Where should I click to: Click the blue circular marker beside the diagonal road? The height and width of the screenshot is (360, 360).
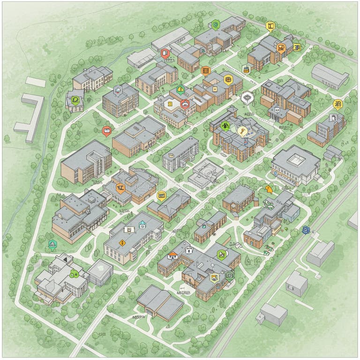tap(306, 229)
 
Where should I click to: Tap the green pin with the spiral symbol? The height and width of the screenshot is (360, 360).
tap(215, 24)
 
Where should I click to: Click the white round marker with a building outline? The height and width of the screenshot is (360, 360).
tap(247, 97)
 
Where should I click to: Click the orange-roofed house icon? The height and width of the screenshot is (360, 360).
tap(172, 255)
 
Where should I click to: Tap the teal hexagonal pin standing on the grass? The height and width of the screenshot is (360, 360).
tap(52, 244)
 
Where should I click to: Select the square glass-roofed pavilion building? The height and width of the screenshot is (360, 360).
tap(100, 272)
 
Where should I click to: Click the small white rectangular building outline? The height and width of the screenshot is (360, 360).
tap(35, 82)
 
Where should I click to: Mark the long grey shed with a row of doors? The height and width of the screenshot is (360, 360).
tap(330, 76)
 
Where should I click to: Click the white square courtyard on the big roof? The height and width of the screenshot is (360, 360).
tap(296, 159)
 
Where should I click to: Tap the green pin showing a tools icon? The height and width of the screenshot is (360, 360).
tap(221, 255)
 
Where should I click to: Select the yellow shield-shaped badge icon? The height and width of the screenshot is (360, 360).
tap(214, 277)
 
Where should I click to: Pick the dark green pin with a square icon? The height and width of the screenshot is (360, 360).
tap(229, 275)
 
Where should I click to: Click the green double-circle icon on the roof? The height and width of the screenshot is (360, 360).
tap(73, 274)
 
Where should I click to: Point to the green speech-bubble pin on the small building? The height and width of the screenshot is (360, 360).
tap(75, 99)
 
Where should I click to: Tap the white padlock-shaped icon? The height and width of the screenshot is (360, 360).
tap(189, 250)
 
